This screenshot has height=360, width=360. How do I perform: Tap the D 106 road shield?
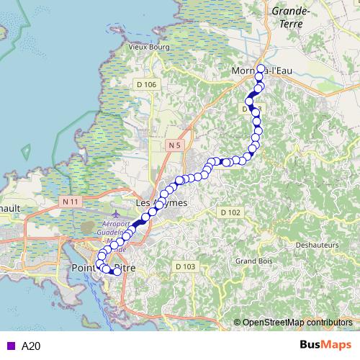click(146, 85)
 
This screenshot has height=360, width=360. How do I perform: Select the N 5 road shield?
click(172, 145)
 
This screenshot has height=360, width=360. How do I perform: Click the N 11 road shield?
click(70, 202)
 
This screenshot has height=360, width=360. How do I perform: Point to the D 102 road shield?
click(230, 212)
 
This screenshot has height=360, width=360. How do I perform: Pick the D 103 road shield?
click(185, 266)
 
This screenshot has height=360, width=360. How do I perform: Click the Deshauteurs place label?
click(318, 246)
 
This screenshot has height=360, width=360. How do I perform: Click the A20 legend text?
click(31, 346)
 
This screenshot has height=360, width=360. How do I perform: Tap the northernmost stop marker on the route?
click(261, 68)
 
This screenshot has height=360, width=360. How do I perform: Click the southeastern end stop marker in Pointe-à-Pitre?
click(117, 271)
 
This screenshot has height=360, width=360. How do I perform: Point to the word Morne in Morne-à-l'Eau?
click(245, 71)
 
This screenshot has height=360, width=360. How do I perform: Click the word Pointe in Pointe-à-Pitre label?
click(85, 268)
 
